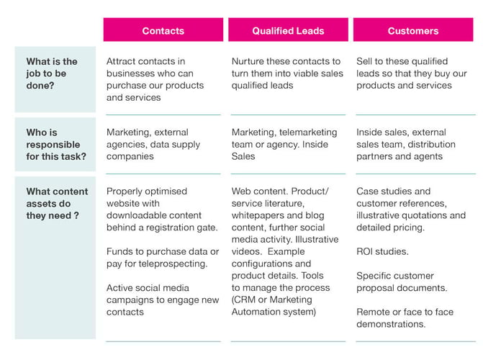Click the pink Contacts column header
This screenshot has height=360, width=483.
pyautogui.click(x=163, y=30)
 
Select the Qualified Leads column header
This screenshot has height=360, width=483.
pyautogui.click(x=288, y=30)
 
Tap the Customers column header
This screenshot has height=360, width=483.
pyautogui.click(x=413, y=30)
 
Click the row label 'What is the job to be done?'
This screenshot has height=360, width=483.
pyautogui.click(x=52, y=73)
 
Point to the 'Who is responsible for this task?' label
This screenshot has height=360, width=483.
pyautogui.click(x=56, y=144)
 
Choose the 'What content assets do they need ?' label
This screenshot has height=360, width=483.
pyautogui.click(x=57, y=204)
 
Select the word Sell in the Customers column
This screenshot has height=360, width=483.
pyautogui.click(x=364, y=61)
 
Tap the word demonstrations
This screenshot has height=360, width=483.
pyautogui.click(x=391, y=324)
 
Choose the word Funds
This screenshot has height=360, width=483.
pyautogui.click(x=119, y=251)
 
